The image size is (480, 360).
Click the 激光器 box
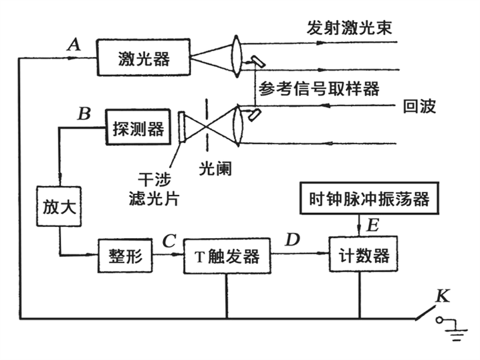coord(143,58)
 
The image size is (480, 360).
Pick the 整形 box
coord(124,255)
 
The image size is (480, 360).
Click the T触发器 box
coord(227,256)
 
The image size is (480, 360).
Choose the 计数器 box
coord(359,255)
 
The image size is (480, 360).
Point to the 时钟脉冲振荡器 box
coord(369,198)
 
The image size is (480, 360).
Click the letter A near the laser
coord(74,44)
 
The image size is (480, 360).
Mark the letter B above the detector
coord(84,113)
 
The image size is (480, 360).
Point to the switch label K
coord(442,297)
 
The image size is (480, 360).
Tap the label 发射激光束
coord(349,29)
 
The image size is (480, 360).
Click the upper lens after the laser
coord(237,57)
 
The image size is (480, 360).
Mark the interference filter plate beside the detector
coord(182,127)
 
